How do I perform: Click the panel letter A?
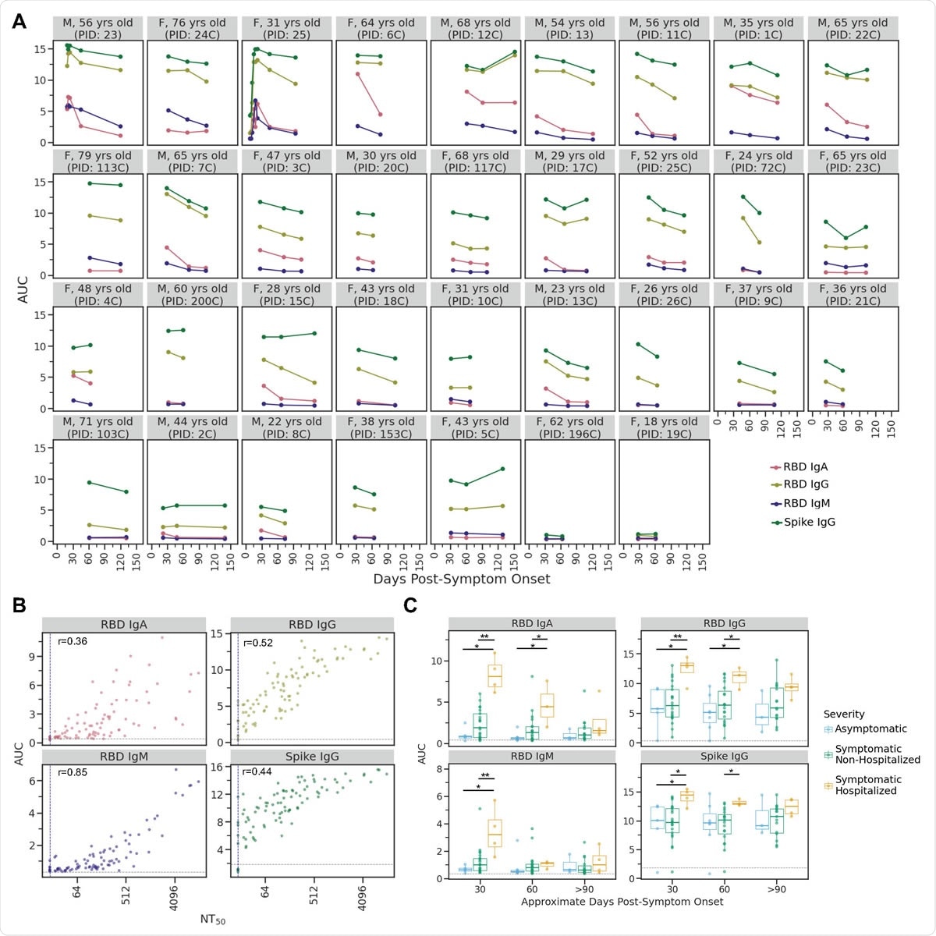(x=19, y=21)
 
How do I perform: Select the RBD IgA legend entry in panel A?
(x=806, y=467)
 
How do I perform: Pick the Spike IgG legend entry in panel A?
(x=809, y=522)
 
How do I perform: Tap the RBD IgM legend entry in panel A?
(x=807, y=503)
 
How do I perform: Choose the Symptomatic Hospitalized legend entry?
(x=867, y=785)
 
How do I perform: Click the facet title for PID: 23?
(x=98, y=29)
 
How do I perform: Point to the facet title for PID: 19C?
(x=664, y=427)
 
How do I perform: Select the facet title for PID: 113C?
(x=98, y=161)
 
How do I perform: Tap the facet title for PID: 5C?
(x=475, y=427)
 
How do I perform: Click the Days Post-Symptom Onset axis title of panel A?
(x=461, y=579)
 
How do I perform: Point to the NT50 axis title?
(x=212, y=920)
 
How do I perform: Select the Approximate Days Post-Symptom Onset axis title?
(x=622, y=902)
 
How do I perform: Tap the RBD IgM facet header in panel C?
(x=532, y=756)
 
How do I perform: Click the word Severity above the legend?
(x=844, y=714)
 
